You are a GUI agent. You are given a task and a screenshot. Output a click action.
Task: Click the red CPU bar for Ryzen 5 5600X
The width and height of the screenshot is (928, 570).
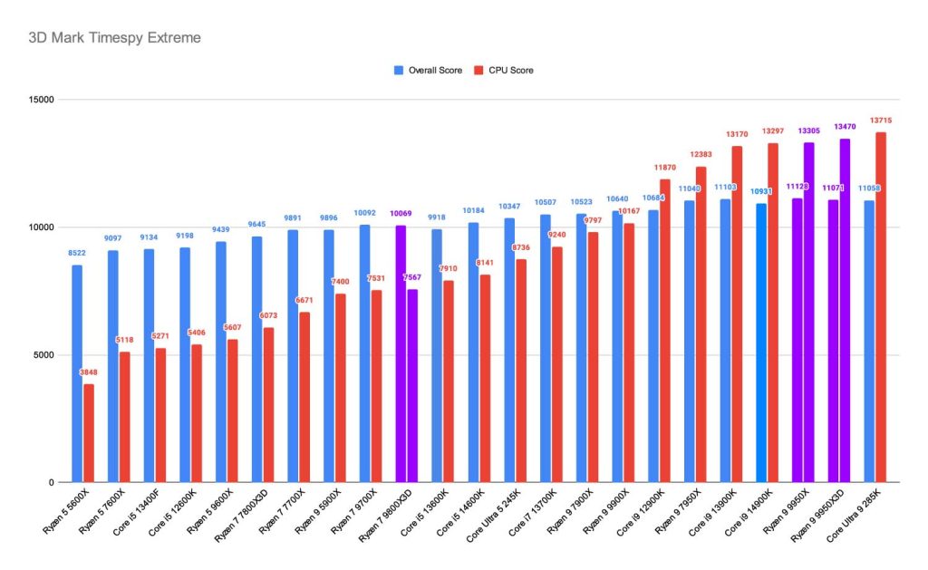(89, 433)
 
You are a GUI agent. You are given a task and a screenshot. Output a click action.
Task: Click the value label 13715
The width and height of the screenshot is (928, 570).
(880, 121)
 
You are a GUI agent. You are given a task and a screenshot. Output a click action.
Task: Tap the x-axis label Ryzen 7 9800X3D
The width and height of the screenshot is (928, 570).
(387, 517)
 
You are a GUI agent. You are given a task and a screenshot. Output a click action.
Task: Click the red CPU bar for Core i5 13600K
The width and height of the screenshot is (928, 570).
(449, 382)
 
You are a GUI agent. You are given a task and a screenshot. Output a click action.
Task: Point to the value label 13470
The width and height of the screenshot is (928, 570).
(845, 127)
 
